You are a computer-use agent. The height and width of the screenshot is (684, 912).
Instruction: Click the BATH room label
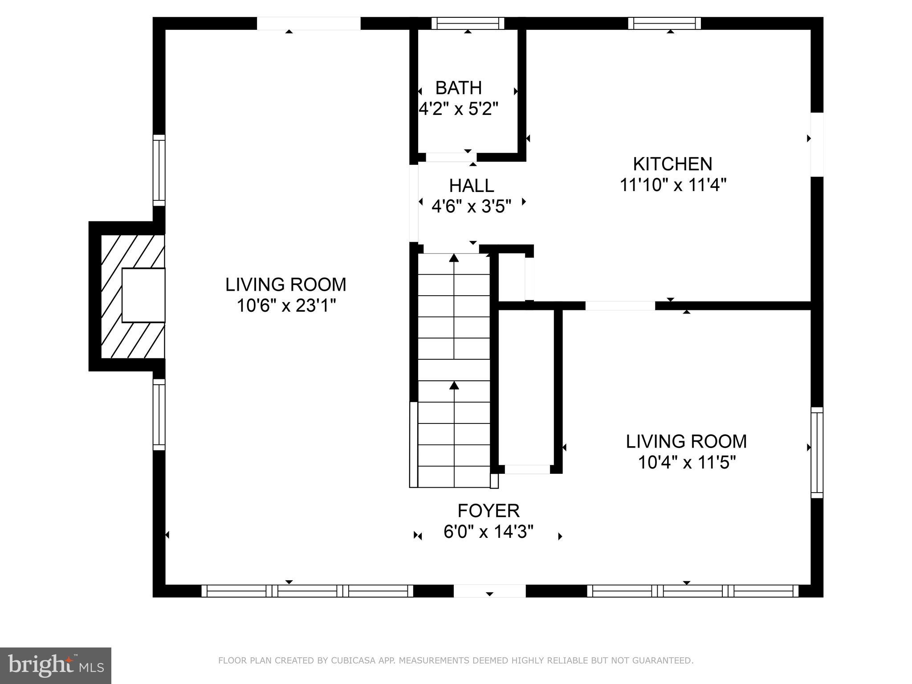coord(458,88)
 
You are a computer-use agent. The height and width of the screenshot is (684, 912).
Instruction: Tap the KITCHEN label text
coord(672,164)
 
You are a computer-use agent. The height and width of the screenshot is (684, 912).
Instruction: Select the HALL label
coord(471,185)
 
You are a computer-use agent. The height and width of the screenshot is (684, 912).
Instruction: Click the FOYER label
coord(489,510)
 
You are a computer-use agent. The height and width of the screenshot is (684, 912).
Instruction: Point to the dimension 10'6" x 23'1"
coord(285,306)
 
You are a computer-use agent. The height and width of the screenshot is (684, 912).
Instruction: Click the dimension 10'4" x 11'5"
coord(686,463)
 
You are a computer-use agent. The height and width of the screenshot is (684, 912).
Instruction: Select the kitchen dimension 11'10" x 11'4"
coord(673,184)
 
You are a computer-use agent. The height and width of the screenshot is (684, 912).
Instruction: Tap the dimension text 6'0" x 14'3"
coord(489,532)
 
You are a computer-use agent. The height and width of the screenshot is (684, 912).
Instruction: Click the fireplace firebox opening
coord(143,295)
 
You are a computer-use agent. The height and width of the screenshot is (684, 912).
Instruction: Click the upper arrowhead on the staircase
coord(454,258)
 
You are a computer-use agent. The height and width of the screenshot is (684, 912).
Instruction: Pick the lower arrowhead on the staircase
coord(454,385)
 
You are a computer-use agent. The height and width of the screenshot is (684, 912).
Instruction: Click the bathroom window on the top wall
coord(468,23)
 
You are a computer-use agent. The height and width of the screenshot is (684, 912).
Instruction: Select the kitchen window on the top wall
coord(664,23)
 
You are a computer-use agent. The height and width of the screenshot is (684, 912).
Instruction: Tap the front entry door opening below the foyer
coord(489,590)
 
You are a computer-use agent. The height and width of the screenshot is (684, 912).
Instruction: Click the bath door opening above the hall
coord(451,157)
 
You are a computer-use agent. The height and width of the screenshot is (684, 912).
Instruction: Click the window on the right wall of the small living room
coord(817,452)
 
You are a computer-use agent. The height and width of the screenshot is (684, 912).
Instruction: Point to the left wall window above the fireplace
coord(159,170)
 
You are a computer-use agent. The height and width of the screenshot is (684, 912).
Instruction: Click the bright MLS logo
coord(55,665)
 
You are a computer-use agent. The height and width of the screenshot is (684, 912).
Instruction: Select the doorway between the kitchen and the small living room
coord(620,305)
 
